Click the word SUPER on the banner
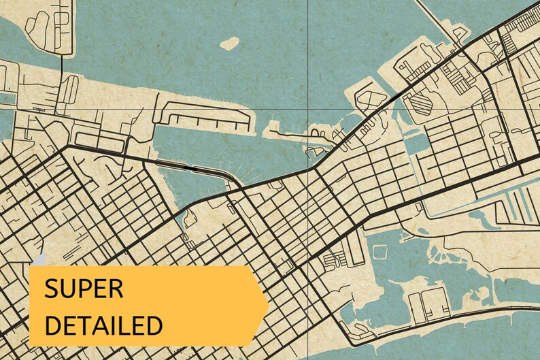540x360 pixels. [x=84, y=288]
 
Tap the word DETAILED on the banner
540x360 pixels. [x=103, y=324]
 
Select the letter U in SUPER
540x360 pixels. [x=67, y=288]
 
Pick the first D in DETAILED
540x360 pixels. [x=52, y=324]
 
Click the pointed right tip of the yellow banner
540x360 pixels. [x=267, y=305]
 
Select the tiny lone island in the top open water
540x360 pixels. [x=230, y=43]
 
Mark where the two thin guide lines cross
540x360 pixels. [x=308, y=109]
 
